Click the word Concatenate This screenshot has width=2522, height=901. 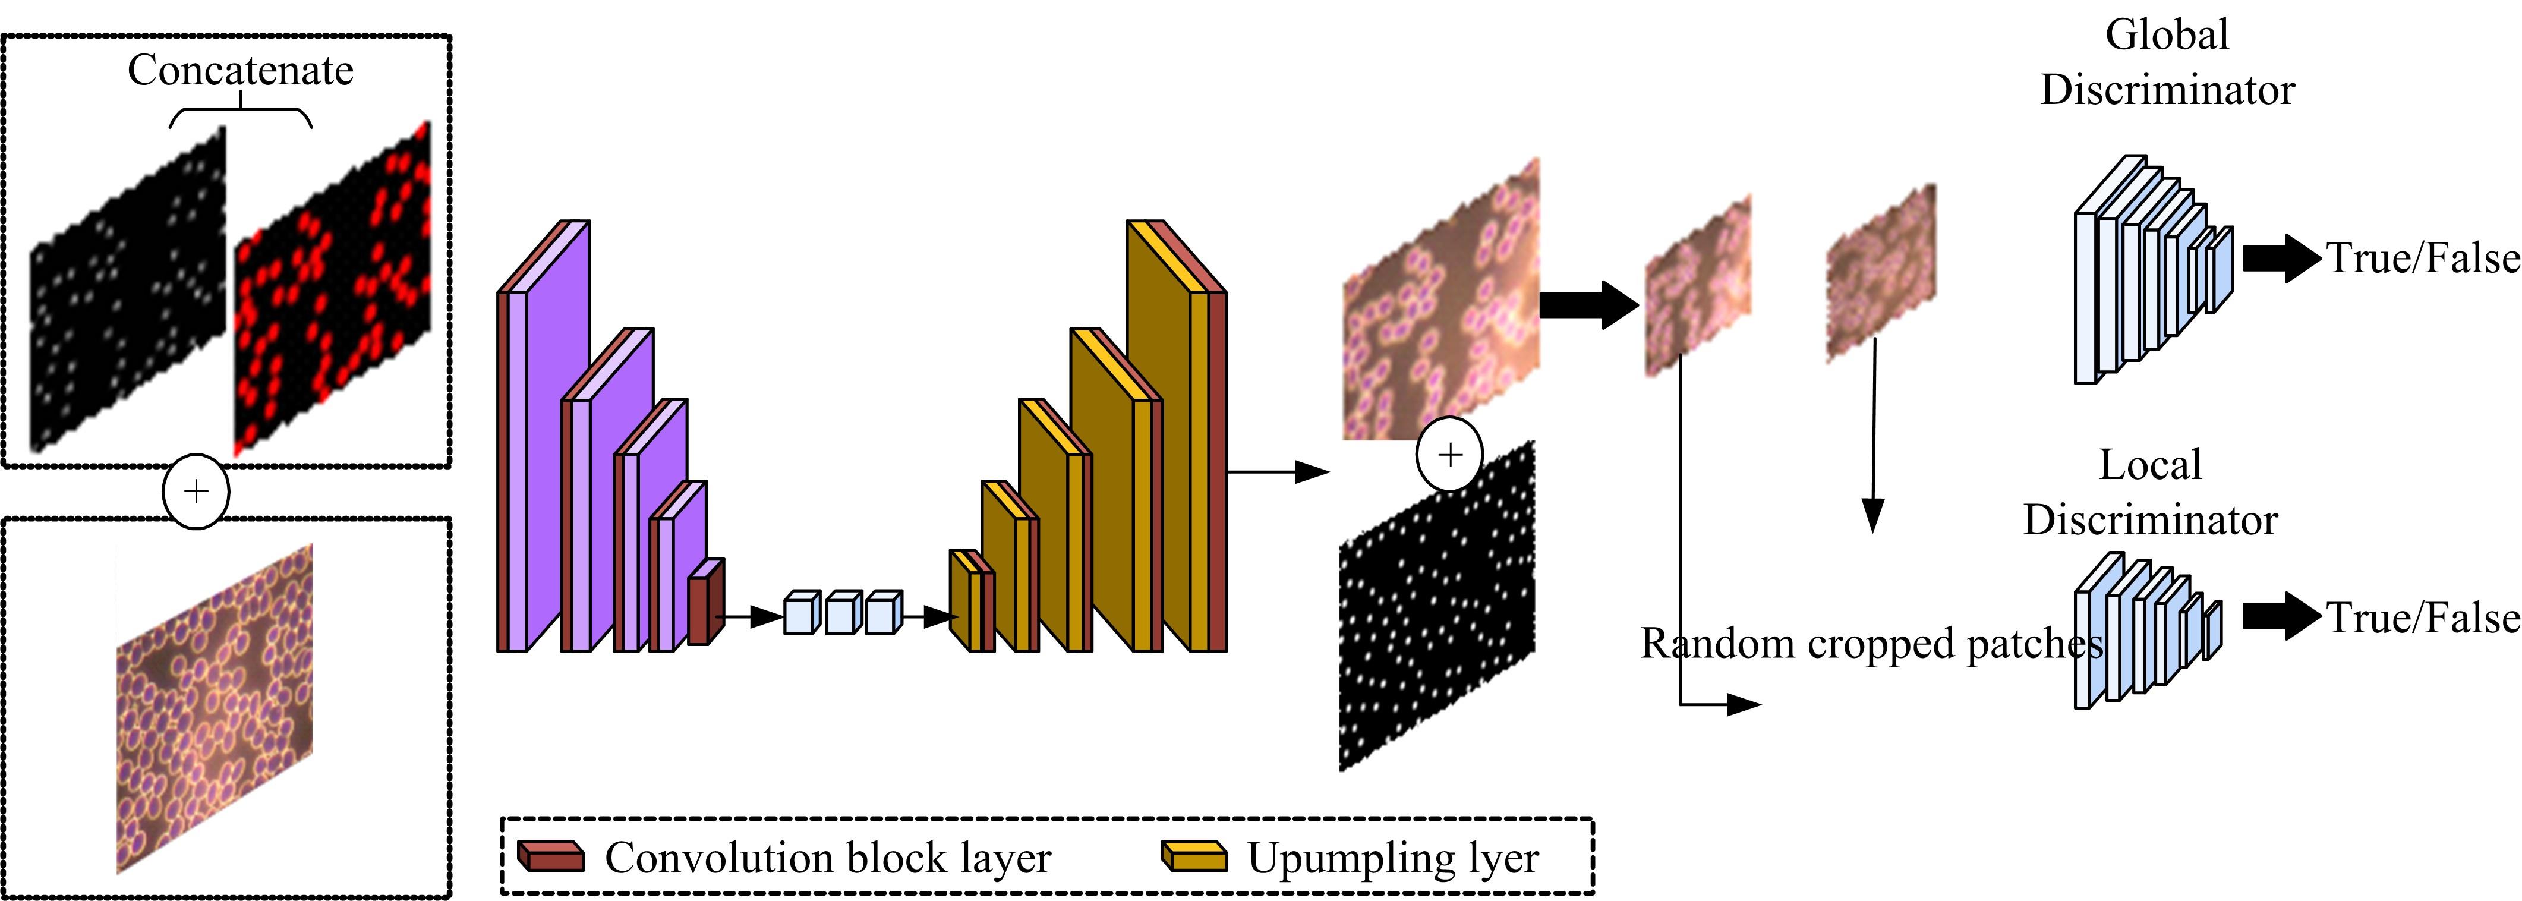pos(240,71)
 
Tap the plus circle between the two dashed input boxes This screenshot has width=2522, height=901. pos(196,492)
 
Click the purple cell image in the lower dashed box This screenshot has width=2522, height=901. pos(215,707)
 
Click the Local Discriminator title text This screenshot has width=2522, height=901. pos(2150,493)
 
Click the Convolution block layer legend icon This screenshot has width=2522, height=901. pos(550,856)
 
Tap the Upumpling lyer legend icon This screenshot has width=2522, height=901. pos(1193,856)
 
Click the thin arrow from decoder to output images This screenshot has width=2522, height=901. pos(1278,472)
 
